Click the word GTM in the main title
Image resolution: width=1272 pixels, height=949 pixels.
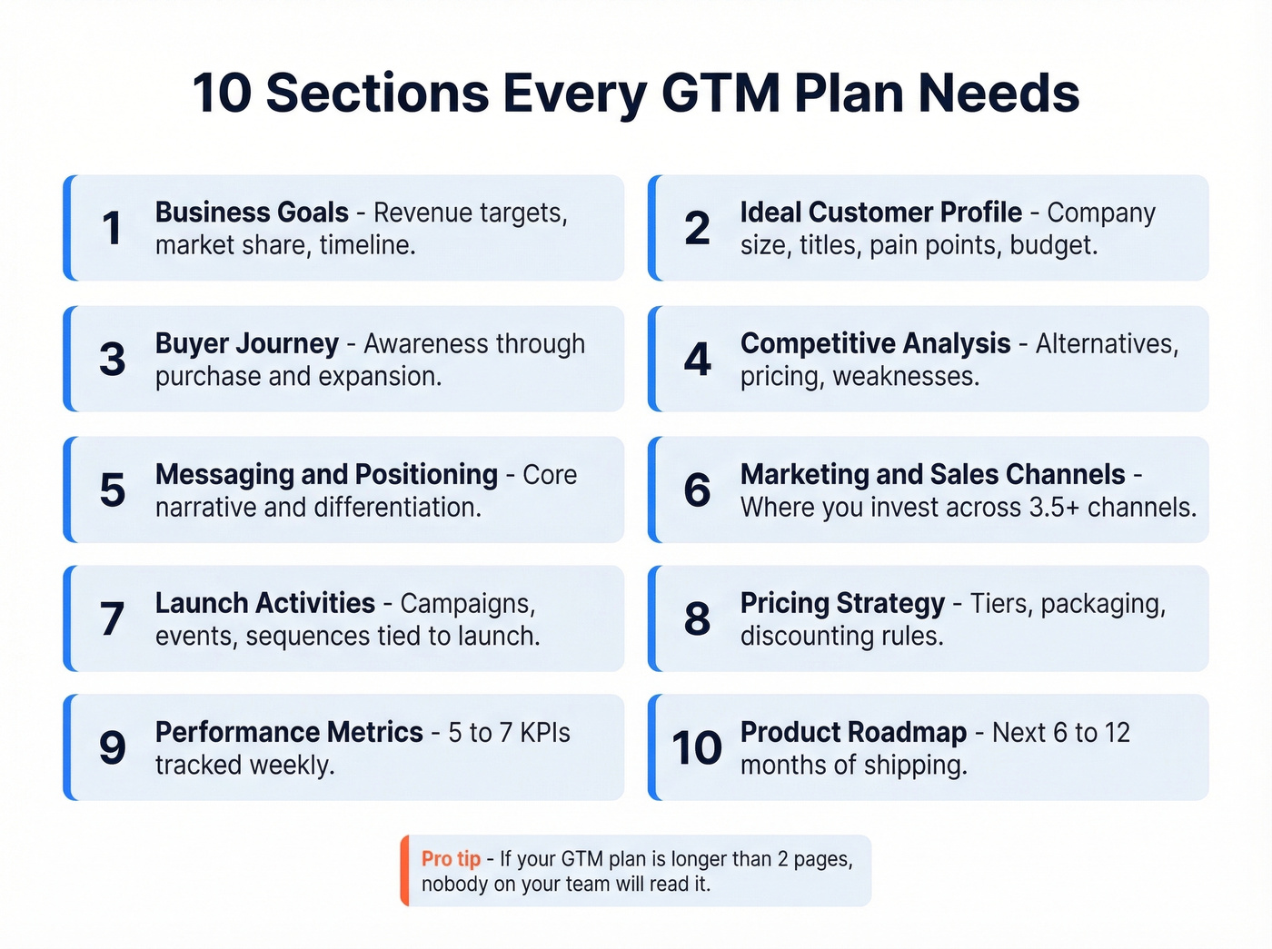(x=720, y=93)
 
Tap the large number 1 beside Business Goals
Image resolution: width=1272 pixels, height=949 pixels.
(x=112, y=228)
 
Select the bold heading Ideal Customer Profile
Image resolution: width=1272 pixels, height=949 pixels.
(x=880, y=213)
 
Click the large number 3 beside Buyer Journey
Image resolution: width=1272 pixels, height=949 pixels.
(x=112, y=359)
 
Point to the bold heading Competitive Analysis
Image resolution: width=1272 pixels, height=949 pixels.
(x=875, y=343)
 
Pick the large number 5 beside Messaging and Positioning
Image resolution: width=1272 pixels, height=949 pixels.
(x=112, y=489)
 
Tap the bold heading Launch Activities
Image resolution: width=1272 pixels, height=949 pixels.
(x=264, y=603)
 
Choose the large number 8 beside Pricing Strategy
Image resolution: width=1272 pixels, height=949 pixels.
(x=697, y=619)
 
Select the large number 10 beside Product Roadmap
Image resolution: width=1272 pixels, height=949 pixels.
(x=697, y=748)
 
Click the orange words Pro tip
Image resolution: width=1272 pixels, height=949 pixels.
(x=451, y=859)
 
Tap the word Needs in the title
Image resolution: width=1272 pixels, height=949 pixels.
(x=998, y=93)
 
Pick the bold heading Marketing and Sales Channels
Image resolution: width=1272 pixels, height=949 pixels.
(x=932, y=474)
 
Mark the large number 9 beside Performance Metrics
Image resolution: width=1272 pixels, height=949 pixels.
(x=112, y=748)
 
